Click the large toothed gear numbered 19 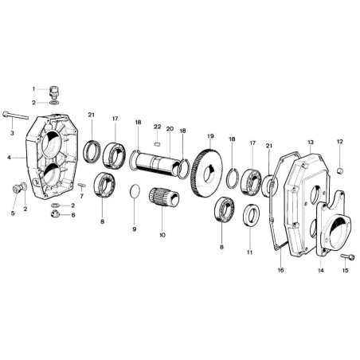206,173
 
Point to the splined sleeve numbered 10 164,197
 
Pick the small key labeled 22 157,143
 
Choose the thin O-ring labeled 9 135,191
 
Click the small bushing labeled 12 340,170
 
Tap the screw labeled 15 347,256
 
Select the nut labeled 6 55,213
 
